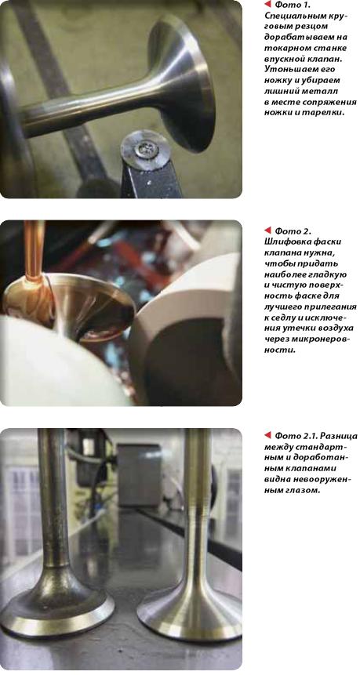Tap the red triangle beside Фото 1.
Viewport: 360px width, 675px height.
267,4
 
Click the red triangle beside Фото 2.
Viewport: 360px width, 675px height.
267,230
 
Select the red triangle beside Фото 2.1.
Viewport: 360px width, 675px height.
267,435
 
